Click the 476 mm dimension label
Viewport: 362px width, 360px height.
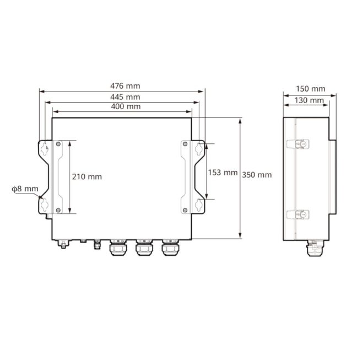pyautogui.click(x=125, y=86)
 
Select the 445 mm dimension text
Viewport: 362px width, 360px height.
pyautogui.click(x=125, y=97)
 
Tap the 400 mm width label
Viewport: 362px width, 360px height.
pyautogui.click(x=126, y=106)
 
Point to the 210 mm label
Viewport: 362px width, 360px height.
pyautogui.click(x=87, y=177)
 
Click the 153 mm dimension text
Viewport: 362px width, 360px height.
pyautogui.click(x=223, y=173)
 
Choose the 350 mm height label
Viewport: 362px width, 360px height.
pyautogui.click(x=257, y=175)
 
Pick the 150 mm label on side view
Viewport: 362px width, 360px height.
pyautogui.click(x=311, y=89)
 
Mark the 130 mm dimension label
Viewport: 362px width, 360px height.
pyautogui.click(x=309, y=100)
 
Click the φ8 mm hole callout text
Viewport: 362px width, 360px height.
pyautogui.click(x=25, y=189)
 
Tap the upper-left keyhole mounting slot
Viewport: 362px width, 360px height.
pyautogui.click(x=45, y=149)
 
